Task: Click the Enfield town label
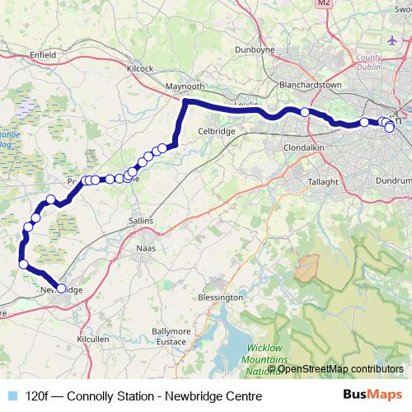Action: click(42, 54)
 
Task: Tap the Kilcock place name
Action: click(140, 68)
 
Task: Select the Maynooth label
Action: click(184, 85)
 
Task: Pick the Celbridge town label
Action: click(217, 130)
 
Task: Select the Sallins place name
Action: click(142, 221)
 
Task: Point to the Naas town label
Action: click(144, 246)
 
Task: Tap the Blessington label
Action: click(221, 297)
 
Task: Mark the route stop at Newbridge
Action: click(61, 288)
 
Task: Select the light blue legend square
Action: click(12, 396)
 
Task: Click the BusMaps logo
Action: click(372, 396)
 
